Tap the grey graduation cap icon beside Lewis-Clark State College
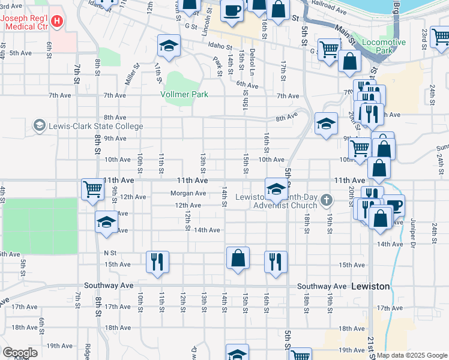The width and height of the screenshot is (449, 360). pos(40,125)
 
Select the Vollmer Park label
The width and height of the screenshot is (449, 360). pos(184,94)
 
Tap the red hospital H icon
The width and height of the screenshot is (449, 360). pos(57,22)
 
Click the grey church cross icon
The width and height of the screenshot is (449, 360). pos(327,199)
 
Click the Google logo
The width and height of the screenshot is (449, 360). pos(20,353)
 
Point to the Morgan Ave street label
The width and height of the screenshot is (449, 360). pos(188,193)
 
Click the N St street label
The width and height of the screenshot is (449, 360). pos(109,253)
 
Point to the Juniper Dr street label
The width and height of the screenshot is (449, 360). pos(413,230)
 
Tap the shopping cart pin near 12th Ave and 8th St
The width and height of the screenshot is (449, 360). pos(92,190)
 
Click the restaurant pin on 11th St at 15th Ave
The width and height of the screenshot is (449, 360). pos(157,262)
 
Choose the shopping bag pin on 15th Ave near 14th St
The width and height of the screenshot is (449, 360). pos(238,257)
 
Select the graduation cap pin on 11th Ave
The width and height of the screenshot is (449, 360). pos(276,190)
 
